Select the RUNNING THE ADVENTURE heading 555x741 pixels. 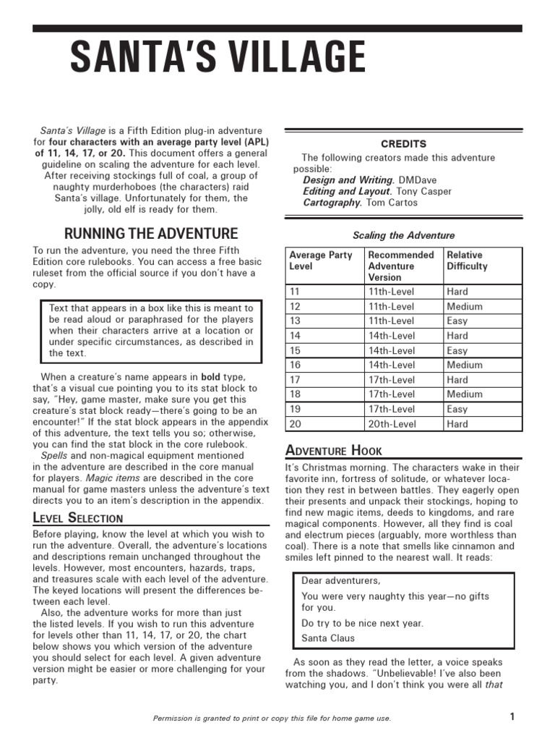[x=151, y=233]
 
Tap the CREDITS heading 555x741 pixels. [x=403, y=144]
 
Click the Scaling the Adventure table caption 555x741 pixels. [x=403, y=235]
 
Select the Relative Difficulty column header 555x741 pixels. [x=468, y=261]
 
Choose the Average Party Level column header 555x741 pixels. [x=321, y=261]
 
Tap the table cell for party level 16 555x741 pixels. [x=295, y=365]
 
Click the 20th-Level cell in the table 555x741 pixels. [x=392, y=424]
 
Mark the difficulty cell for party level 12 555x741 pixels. [x=465, y=306]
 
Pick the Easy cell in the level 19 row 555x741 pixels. [x=457, y=409]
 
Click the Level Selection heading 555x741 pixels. [x=78, y=517]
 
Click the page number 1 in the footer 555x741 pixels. [x=512, y=716]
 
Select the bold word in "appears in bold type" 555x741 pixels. [x=211, y=377]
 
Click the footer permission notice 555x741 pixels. [x=272, y=718]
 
